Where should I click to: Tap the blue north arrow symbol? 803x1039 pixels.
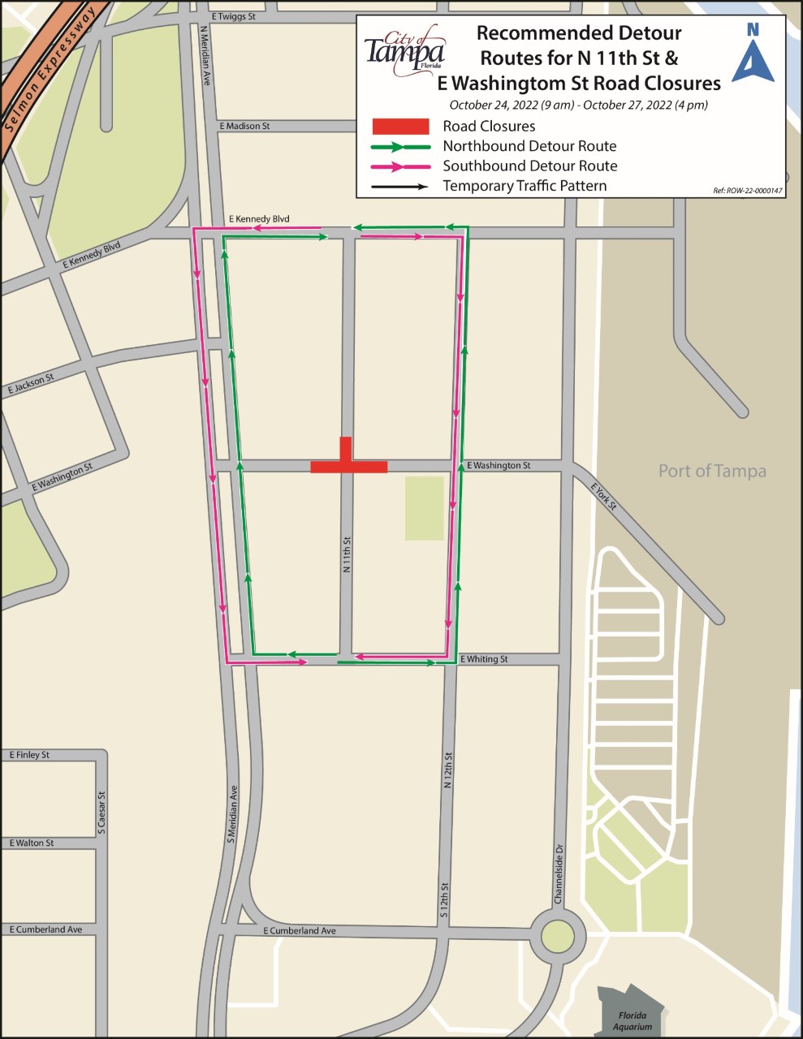pos(753,54)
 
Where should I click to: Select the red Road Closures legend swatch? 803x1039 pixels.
pos(400,127)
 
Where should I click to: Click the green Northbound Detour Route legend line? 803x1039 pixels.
pos(400,147)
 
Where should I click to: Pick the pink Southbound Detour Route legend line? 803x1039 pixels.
pos(400,166)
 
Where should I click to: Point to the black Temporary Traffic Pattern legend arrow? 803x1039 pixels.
pos(400,187)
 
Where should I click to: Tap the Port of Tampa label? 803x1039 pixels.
pos(711,471)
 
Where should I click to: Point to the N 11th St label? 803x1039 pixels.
pos(347,554)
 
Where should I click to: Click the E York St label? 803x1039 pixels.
pos(604,496)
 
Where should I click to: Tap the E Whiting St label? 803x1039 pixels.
pos(484,659)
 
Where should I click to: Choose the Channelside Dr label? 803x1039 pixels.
pos(559,873)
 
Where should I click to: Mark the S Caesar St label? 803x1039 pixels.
pos(102,813)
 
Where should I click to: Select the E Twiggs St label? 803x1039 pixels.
pos(233,16)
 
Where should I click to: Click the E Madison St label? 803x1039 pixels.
pos(244,127)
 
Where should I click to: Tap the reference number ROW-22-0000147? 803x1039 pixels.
pos(747,191)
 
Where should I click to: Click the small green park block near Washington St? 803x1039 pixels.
pos(424,508)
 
